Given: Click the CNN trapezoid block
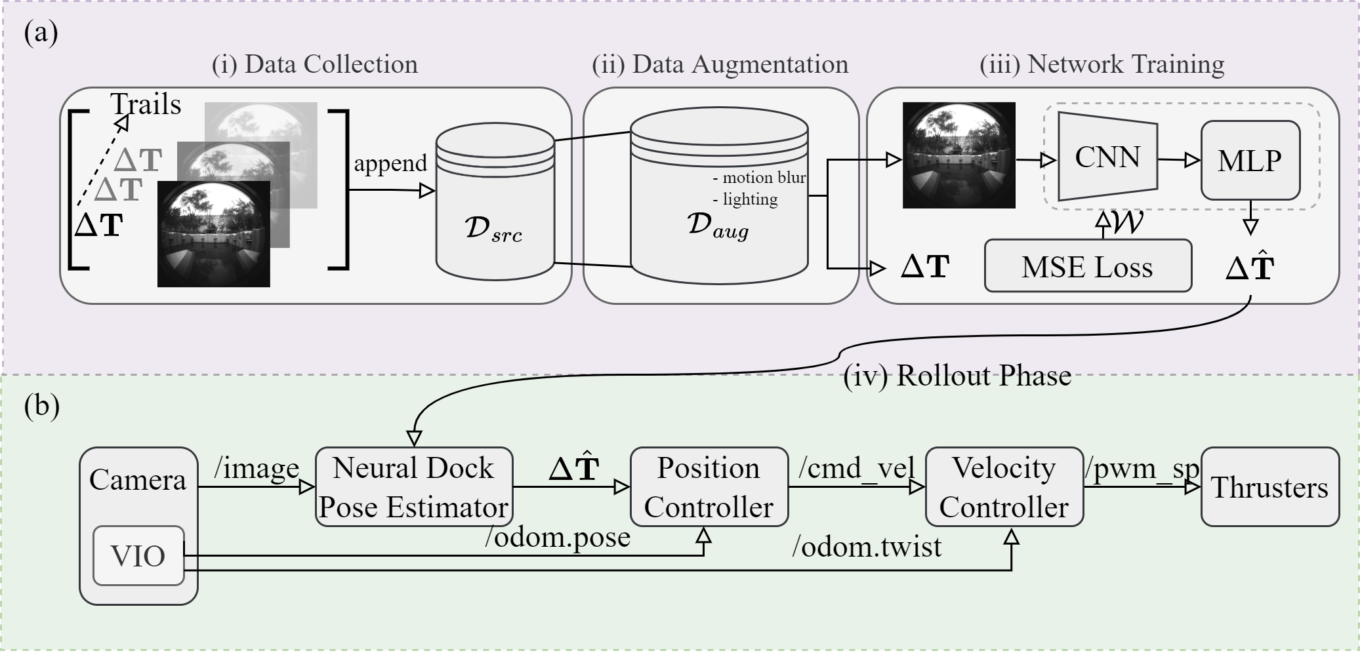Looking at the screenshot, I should coord(1107,157).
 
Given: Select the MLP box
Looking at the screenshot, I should coord(1250,161).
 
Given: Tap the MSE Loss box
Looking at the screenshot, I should coord(1087,266).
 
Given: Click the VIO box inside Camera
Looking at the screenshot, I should coord(138,556).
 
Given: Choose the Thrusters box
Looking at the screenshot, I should coord(1269,487).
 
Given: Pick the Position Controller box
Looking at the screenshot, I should coord(709,487).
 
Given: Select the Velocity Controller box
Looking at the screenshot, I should coord(1004,487).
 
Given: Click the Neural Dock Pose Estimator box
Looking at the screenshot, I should coord(413,487).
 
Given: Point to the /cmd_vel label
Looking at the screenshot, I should coord(856,468).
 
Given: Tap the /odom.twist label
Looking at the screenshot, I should coord(867,546).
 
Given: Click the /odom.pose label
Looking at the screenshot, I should coord(558,537).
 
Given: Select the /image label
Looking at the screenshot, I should coord(257,468).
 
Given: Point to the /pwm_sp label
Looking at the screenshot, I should coord(1142,468).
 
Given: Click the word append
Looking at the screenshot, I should coord(390,163).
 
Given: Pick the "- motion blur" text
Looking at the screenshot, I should coord(759,178).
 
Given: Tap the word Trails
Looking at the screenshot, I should coord(146,104).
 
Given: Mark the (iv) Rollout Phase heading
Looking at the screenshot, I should coord(957,376).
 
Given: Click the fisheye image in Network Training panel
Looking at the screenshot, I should coord(958,155).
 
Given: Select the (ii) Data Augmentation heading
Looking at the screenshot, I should coord(720,64).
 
